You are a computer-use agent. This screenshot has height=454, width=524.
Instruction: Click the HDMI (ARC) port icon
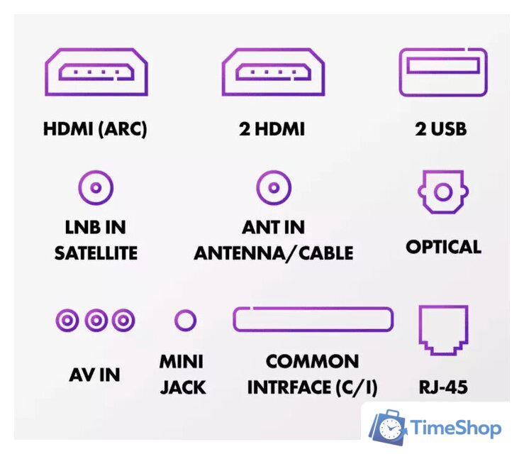tap(95, 72)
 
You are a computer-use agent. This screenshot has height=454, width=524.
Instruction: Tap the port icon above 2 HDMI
tap(272, 72)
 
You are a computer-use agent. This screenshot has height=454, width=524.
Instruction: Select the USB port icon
tap(442, 72)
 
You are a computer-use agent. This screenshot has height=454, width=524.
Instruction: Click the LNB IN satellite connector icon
tap(95, 189)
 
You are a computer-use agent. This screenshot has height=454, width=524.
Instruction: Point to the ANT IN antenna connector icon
tap(273, 189)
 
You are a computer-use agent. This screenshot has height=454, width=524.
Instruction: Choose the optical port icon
tap(442, 192)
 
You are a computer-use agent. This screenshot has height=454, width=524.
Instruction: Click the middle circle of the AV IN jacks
tap(95, 320)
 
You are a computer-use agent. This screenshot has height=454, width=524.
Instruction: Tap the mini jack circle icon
tap(184, 320)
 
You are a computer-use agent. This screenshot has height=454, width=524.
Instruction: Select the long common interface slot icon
tap(313, 319)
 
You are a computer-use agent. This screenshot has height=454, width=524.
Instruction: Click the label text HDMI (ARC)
tap(95, 130)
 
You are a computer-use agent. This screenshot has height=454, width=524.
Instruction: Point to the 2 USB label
tap(442, 130)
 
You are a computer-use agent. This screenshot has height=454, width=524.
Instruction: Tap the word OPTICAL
tap(443, 247)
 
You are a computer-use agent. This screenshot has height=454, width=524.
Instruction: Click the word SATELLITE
tap(96, 253)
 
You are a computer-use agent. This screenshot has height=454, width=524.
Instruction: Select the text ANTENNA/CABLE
tap(274, 253)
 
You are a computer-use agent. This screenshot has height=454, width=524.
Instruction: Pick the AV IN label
tap(94, 374)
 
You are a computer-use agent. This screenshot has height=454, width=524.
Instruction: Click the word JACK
tap(182, 387)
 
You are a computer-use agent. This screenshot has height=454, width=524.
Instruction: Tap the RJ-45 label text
tap(443, 387)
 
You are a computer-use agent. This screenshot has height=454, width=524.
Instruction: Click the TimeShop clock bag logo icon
tap(389, 427)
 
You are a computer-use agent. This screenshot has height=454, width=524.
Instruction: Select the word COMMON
tap(312, 361)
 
